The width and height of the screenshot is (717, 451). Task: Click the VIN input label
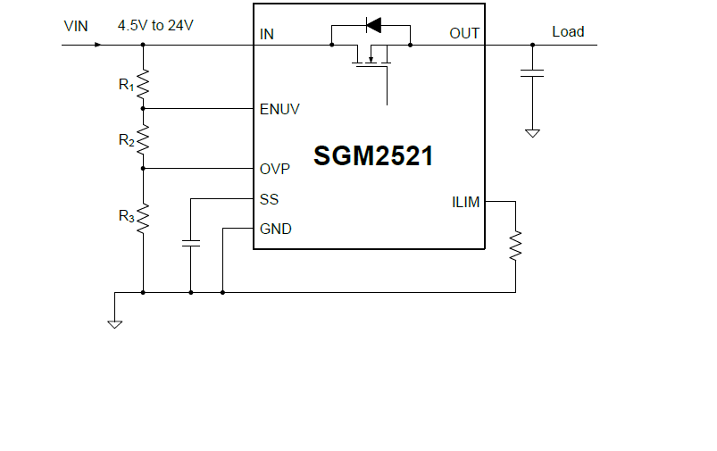[x=76, y=26]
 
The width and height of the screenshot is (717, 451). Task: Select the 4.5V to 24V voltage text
[x=155, y=26]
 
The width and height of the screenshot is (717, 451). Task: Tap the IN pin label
[x=266, y=35]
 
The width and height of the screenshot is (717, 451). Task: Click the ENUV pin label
[x=279, y=110]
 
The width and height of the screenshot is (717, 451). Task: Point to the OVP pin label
[x=275, y=169]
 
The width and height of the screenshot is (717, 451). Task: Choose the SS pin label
[x=269, y=199]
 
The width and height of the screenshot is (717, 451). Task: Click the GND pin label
[x=275, y=229]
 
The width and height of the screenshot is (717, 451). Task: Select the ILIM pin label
[x=465, y=202]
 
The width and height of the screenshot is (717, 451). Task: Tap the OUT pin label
[x=464, y=34]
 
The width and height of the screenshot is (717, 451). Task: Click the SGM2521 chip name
[x=373, y=156]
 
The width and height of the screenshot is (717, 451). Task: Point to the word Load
[x=568, y=32]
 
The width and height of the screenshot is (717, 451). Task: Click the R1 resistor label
[x=126, y=86]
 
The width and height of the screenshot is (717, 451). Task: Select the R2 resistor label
[x=126, y=140]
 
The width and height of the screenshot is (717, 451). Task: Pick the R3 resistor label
[x=126, y=216]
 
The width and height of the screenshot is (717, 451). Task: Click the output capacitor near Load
[x=532, y=72]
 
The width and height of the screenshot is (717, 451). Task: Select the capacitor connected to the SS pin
[x=190, y=242]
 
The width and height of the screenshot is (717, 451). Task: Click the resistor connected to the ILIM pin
[x=515, y=246]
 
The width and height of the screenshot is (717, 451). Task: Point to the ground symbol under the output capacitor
[x=532, y=133]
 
